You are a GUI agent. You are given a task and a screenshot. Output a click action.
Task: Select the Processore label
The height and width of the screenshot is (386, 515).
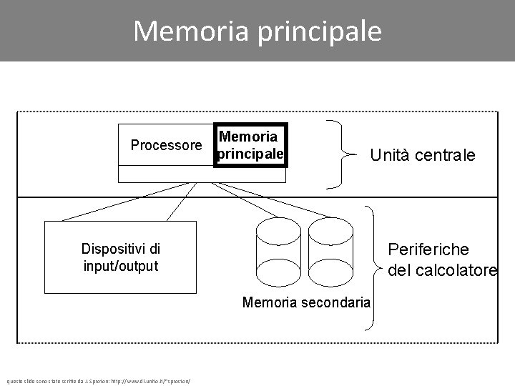[166, 146]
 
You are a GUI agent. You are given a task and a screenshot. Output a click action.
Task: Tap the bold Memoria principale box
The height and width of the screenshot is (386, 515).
[250, 144]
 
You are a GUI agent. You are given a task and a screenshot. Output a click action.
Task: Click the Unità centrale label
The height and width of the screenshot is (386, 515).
[422, 155]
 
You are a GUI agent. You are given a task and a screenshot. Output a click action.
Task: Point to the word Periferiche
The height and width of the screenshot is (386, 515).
[428, 249]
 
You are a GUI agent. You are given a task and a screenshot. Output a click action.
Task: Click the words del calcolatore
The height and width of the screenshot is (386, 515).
[442, 271]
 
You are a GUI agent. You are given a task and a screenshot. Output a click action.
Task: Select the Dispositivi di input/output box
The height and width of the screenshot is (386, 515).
[120, 257]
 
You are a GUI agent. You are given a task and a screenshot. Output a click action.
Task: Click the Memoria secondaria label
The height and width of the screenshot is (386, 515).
[306, 302]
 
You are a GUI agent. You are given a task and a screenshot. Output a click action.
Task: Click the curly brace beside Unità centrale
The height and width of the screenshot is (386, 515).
[340, 154]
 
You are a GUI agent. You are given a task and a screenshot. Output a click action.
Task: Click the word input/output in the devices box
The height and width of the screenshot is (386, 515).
[120, 266]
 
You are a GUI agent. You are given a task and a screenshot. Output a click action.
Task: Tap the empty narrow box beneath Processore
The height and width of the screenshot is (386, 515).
[166, 174]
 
